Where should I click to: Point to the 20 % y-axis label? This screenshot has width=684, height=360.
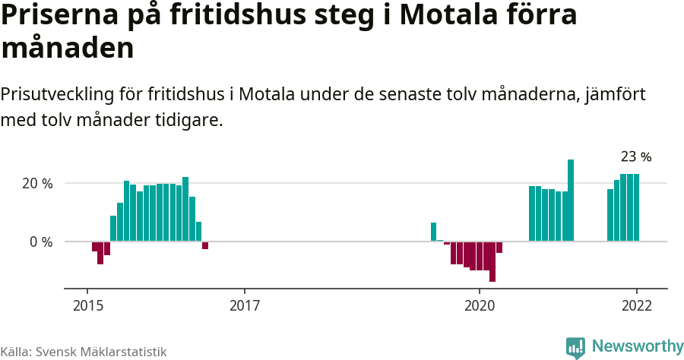tap(36, 184)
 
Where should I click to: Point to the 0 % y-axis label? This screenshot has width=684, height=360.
tap(41, 242)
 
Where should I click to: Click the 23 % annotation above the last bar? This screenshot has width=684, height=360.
tap(636, 157)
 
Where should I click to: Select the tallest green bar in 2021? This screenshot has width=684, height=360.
tap(571, 200)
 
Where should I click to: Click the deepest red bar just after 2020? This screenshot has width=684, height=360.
tap(492, 261)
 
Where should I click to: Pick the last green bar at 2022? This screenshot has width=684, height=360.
tap(636, 207)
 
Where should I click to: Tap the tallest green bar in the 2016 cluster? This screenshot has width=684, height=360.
tap(185, 209)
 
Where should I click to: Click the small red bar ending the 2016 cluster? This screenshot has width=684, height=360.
tap(205, 245)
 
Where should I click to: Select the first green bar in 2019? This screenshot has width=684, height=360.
tap(433, 232)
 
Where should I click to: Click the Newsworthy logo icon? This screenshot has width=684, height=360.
tap(575, 347)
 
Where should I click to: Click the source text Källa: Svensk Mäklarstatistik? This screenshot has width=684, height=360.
tap(84, 352)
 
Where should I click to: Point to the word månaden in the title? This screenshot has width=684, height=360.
tap(68, 49)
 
